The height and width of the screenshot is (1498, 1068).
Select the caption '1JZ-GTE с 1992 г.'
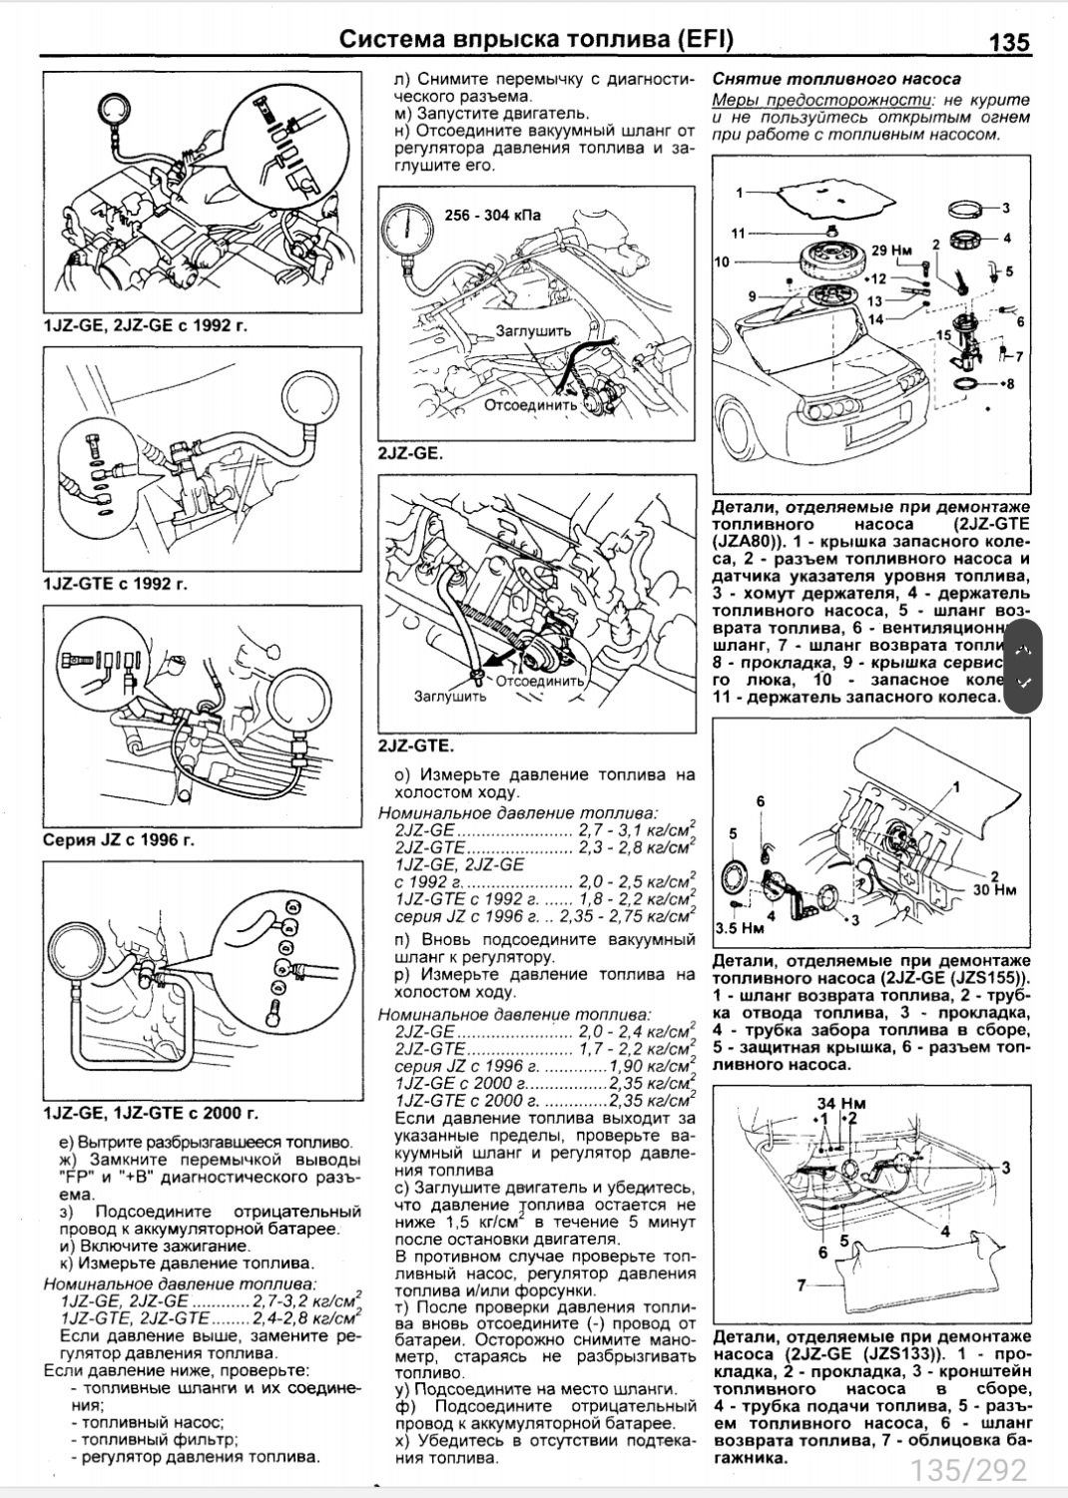coord(116,584)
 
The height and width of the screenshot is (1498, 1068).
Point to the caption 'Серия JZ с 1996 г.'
coord(119,839)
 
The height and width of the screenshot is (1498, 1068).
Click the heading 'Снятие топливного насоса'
coord(836,79)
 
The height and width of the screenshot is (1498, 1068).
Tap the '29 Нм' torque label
coord(891,250)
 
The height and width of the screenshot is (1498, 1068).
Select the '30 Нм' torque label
coord(994,889)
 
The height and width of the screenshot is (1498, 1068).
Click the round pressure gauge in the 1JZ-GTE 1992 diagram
coord(311,401)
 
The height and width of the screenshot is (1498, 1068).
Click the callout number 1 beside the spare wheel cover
coord(740,192)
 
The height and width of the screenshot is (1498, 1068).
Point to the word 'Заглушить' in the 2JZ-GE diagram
coord(533,330)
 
